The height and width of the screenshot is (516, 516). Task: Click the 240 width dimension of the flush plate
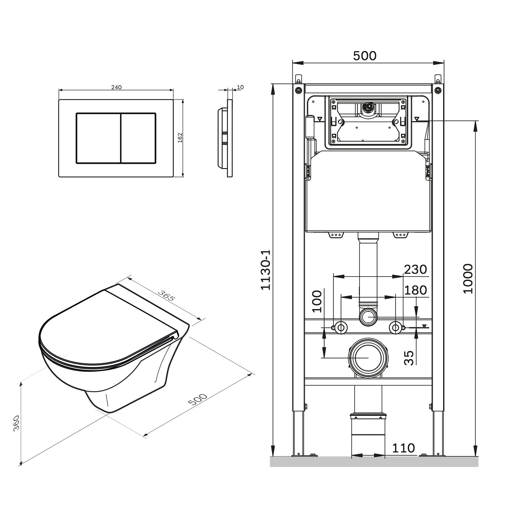[116, 87]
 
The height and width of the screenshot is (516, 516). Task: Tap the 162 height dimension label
[180, 138]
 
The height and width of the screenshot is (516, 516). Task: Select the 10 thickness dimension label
[240, 87]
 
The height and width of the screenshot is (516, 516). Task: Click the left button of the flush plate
[98, 138]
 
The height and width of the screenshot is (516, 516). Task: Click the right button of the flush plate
[138, 138]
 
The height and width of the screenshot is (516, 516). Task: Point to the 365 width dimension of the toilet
[166, 295]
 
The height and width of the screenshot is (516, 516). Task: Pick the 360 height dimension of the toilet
[16, 423]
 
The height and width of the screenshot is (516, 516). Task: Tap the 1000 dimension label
[468, 278]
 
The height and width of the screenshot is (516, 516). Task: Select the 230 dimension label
[415, 269]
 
